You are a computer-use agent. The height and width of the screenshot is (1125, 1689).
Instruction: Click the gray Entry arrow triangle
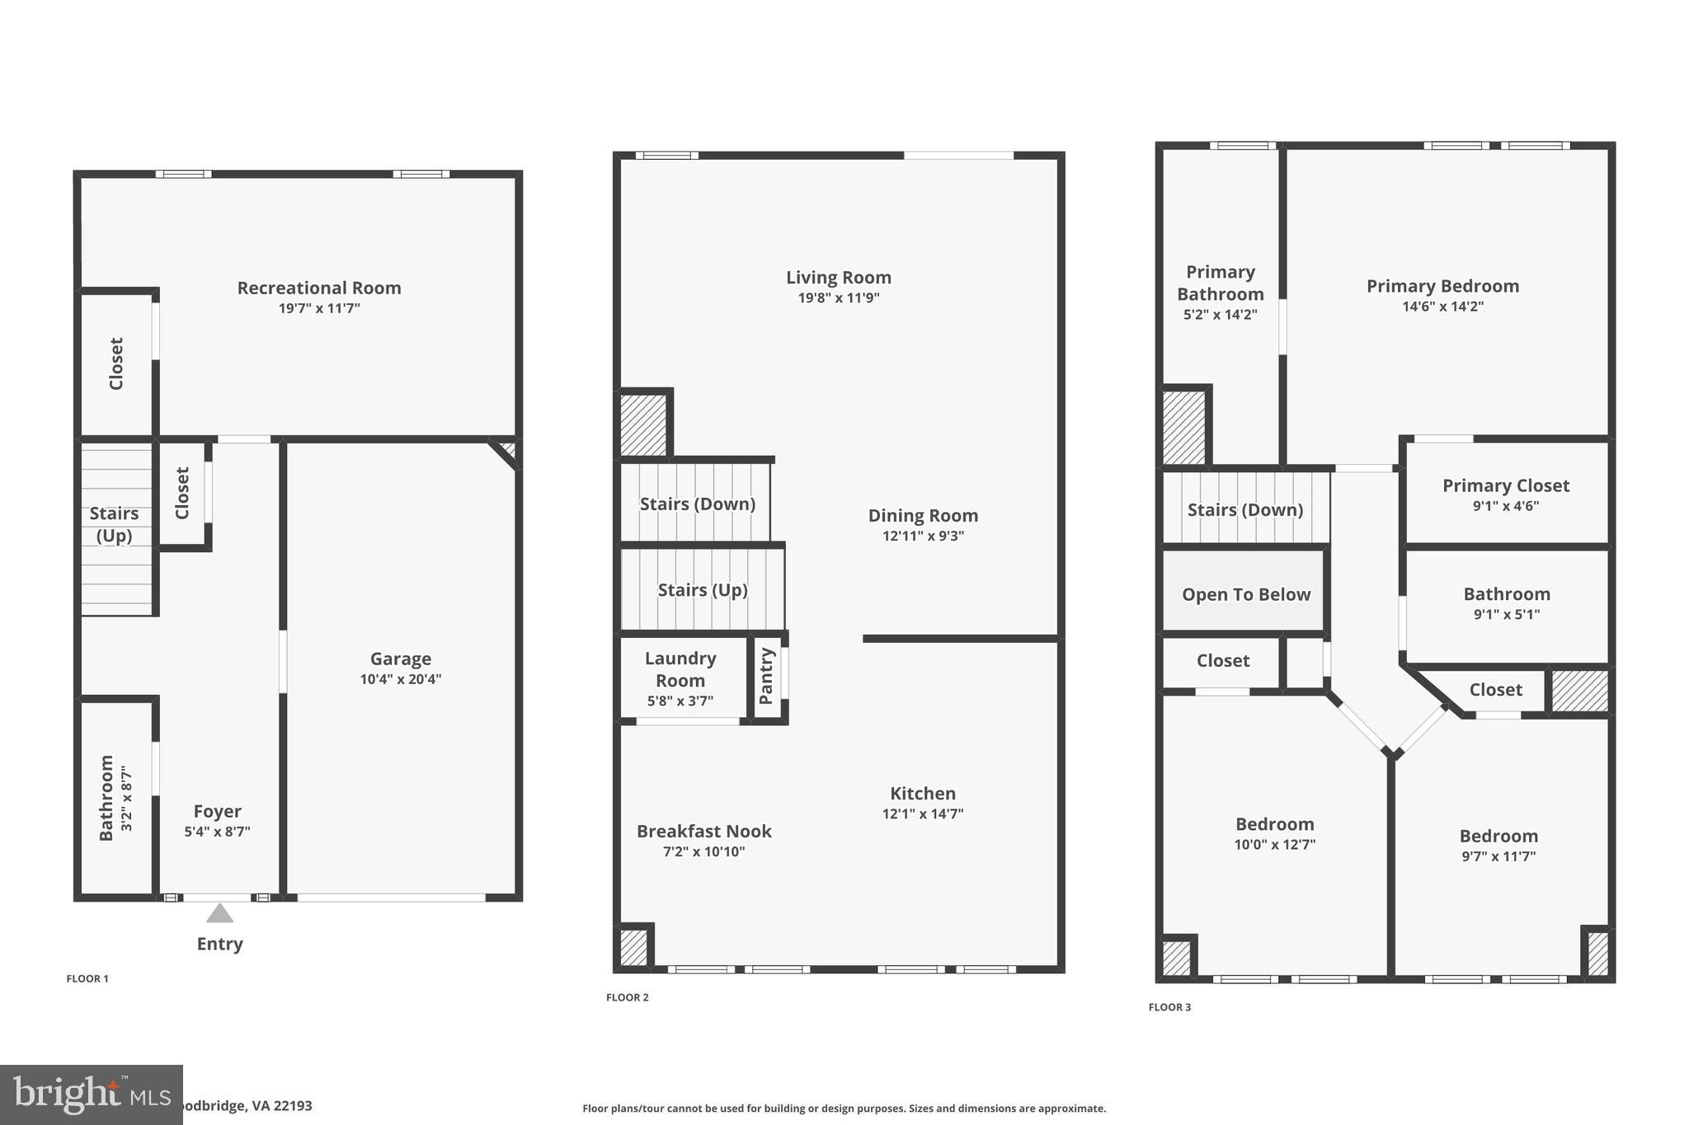coord(219,913)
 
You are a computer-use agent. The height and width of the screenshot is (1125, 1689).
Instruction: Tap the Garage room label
coord(400,659)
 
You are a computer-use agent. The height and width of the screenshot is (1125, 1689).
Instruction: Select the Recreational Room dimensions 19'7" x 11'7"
coord(319,308)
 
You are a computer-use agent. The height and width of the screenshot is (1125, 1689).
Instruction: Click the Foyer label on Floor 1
coord(217,811)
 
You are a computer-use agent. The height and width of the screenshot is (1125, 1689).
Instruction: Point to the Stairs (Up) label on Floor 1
coord(114,524)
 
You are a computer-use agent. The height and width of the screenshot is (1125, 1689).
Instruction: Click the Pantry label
coord(766,676)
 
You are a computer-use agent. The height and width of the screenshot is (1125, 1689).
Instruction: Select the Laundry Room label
coord(680,669)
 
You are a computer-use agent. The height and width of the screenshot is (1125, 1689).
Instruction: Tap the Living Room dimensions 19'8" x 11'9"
coord(838,298)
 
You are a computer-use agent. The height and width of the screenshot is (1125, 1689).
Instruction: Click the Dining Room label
coord(923,515)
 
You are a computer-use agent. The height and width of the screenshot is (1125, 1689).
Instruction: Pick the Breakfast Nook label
coord(703,831)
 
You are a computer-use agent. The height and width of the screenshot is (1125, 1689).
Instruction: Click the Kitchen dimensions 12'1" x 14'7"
coord(922,813)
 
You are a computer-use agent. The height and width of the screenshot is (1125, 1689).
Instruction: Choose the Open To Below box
coord(1244,594)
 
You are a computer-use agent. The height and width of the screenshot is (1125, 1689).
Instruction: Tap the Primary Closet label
coord(1505,485)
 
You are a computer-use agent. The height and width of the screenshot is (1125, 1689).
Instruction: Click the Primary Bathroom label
coord(1220,283)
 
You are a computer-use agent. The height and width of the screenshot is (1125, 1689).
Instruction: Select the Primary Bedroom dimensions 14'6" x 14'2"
coord(1442,307)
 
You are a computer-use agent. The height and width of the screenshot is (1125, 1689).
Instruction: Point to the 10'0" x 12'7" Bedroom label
coord(1274,824)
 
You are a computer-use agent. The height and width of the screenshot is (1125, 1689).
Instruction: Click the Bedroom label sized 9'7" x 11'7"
coord(1498,836)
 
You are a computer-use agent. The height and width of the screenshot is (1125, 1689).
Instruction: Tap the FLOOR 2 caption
coord(627,997)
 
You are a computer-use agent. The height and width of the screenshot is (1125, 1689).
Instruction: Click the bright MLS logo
coord(91,1095)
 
